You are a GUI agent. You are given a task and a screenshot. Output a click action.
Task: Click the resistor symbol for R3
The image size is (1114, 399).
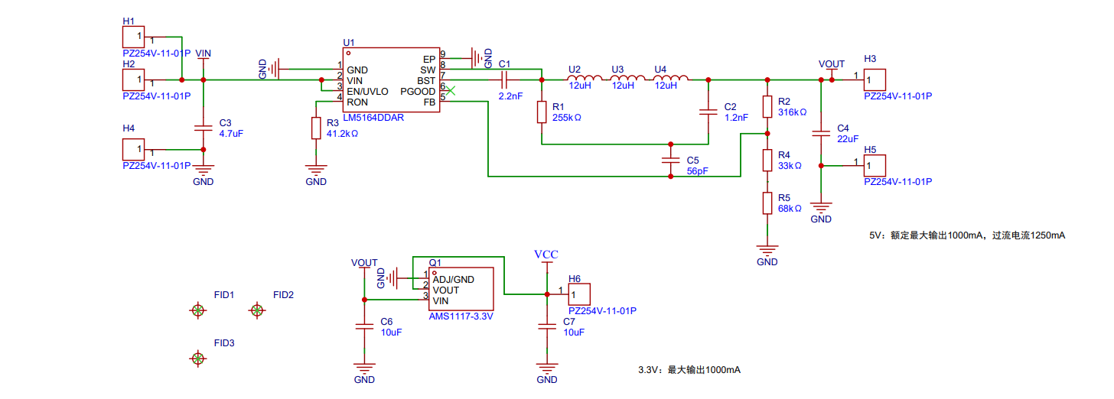coord(316,128)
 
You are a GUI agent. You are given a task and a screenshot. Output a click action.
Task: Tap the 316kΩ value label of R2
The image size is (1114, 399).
coord(792,112)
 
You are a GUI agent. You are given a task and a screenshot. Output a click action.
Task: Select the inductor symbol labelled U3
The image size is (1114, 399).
coord(627,78)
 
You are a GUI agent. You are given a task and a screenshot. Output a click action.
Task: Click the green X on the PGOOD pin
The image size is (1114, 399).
coord(450,91)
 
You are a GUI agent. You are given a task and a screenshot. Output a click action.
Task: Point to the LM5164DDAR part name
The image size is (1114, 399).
coord(373,118)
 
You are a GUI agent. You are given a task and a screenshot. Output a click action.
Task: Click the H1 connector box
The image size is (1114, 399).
coord(133,37)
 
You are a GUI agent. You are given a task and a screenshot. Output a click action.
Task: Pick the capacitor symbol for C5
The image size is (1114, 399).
coord(670,161)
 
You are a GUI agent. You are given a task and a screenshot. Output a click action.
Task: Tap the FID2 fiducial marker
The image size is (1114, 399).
coord(256,310)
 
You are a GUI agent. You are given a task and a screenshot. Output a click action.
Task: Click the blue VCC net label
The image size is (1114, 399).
coord(546,255)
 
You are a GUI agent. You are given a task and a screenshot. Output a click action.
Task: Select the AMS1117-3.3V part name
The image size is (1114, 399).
coord(461,316)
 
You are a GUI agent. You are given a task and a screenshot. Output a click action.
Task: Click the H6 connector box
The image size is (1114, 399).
coord(579,294)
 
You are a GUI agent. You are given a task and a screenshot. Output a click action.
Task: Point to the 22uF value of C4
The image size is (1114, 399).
coord(848,139)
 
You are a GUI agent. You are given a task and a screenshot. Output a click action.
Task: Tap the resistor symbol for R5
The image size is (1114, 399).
coord(767,203)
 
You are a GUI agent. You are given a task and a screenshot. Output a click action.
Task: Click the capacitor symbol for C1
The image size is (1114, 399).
coord(504,79)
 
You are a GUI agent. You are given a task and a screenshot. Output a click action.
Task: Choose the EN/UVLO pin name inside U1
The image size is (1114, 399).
coord(367,92)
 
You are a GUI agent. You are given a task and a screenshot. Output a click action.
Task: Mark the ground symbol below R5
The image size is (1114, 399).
coord(767,249)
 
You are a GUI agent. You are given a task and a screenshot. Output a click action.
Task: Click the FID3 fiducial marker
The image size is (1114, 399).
coord(197,358)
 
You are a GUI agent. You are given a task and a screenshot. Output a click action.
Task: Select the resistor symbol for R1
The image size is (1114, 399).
coord(542,112)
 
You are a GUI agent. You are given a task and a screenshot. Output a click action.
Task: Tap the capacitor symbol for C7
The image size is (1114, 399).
coord(547,326)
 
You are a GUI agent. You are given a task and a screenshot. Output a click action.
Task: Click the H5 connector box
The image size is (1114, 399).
coord(875,165)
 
